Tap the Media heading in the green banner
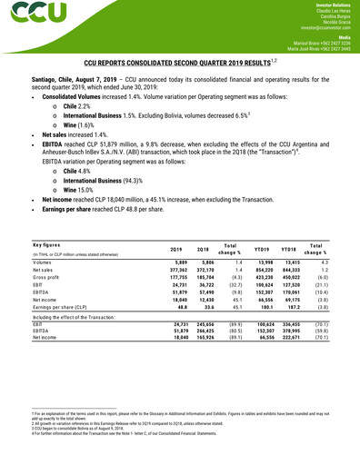pos(345,39)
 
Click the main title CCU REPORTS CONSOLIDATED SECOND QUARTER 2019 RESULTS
pos(178,65)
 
